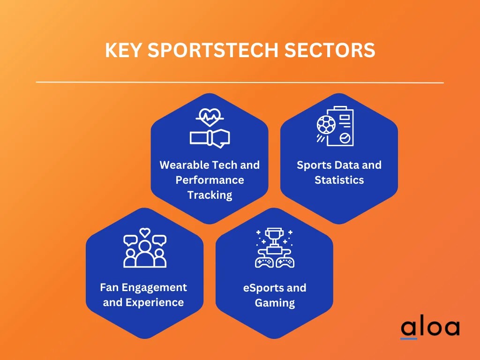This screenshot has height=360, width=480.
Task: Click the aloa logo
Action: pos(430,328)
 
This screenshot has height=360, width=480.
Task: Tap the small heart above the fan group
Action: pos(145,232)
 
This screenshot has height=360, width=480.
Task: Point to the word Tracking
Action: pos(210,195)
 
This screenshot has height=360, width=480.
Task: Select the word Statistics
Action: pos(339,180)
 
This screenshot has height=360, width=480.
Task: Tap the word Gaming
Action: pos(275,303)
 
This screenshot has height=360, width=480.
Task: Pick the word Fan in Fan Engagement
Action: pos(109,287)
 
